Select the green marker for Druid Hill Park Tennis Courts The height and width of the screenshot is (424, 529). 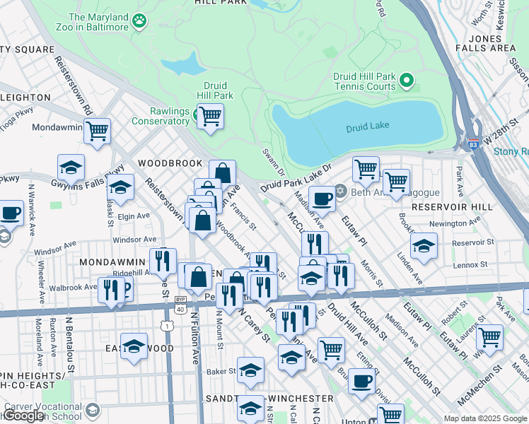[406, 81]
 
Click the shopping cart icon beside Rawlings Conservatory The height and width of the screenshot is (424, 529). [209, 116]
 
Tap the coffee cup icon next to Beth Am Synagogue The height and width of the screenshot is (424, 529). [322, 199]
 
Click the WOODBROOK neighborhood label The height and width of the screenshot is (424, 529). [170, 163]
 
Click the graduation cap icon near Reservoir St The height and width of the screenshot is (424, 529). [424, 246]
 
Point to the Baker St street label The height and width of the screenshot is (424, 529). [221, 370]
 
